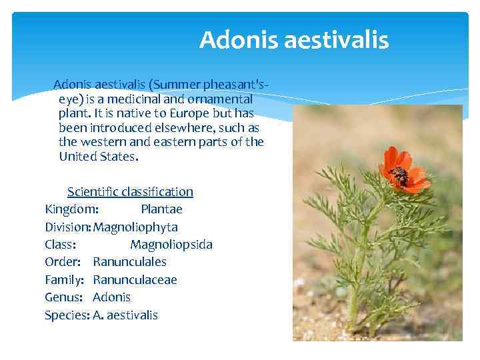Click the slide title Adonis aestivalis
(x=293, y=40)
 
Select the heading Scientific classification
(x=130, y=192)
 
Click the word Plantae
(x=161, y=209)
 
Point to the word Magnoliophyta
(x=135, y=227)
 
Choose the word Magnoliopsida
(x=171, y=245)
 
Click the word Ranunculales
(x=129, y=262)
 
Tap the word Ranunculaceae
(x=135, y=280)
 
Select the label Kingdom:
(x=72, y=209)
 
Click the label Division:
(x=68, y=227)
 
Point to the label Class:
(x=60, y=245)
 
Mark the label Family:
(x=65, y=280)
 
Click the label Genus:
(x=64, y=297)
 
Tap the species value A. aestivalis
(x=125, y=315)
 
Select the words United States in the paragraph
(x=97, y=157)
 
